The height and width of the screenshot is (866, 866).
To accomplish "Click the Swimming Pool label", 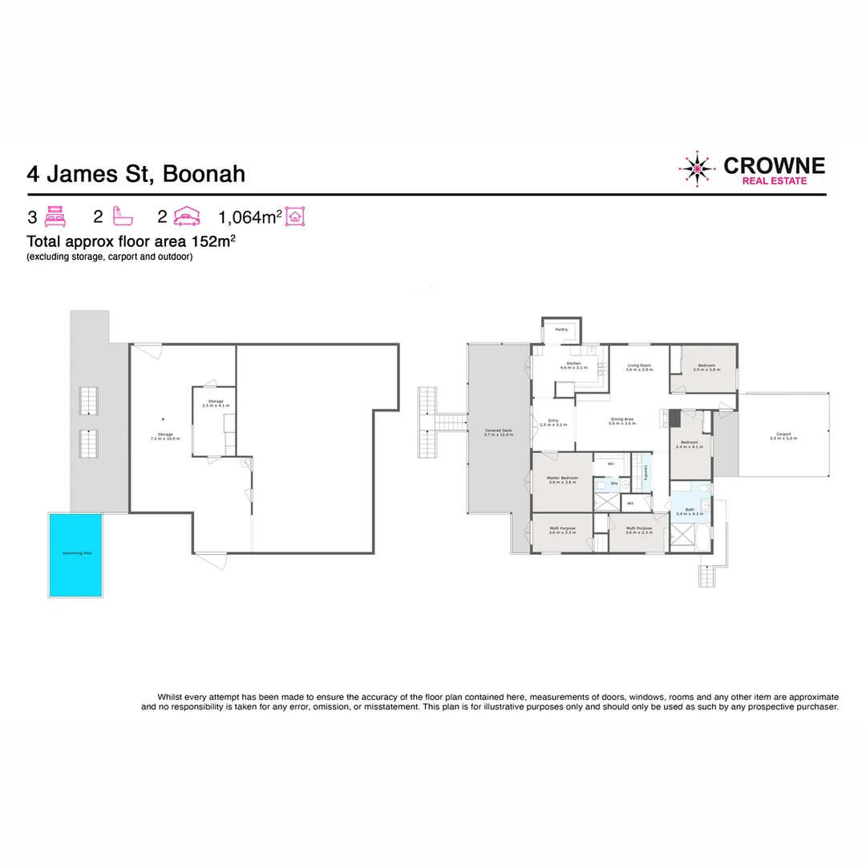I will click(x=75, y=554).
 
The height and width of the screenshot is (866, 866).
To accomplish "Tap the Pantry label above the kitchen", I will click(x=561, y=330).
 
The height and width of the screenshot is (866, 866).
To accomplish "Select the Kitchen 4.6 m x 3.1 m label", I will click(x=573, y=366).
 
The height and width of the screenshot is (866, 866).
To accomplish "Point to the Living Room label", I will click(x=639, y=367).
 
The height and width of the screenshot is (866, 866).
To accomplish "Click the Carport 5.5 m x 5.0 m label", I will click(x=783, y=436).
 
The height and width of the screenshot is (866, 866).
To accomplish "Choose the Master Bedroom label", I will click(x=563, y=480).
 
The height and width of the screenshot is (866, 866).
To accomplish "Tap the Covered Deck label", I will click(x=499, y=433).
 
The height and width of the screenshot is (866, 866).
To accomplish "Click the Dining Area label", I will click(x=622, y=420).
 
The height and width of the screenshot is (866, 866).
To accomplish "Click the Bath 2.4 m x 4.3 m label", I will click(x=690, y=512).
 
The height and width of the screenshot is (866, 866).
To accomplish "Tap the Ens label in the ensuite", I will click(x=615, y=484).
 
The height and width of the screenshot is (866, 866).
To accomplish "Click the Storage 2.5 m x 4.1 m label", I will click(x=216, y=403).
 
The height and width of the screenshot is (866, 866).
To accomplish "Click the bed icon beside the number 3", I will click(x=55, y=216).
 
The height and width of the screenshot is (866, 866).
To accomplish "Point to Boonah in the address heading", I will click(x=204, y=174).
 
